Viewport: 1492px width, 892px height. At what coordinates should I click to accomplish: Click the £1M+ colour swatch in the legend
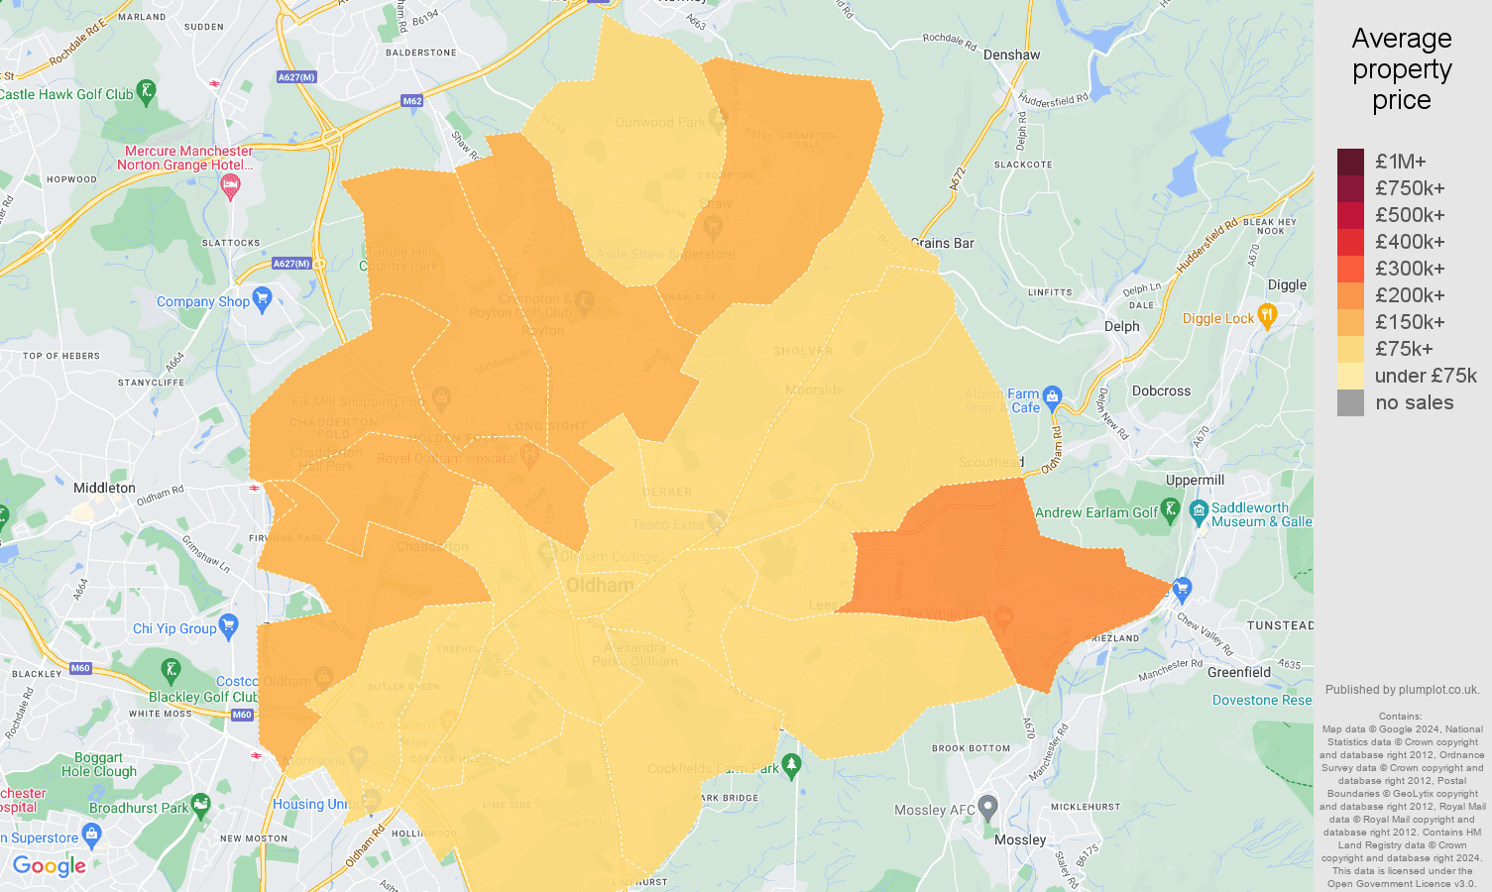pyautogui.click(x=1350, y=162)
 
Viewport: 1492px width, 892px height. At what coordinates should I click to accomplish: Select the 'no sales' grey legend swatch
pyautogui.click(x=1350, y=402)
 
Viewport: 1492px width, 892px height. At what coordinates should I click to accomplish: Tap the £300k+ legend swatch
pyautogui.click(x=1350, y=269)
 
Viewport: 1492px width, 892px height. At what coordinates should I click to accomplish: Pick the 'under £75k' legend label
pyautogui.click(x=1425, y=376)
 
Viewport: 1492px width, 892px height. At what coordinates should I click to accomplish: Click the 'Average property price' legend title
pyautogui.click(x=1401, y=69)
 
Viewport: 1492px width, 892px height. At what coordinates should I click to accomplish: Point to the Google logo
pyautogui.click(x=50, y=866)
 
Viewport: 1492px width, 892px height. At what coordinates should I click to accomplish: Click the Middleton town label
pyautogui.click(x=104, y=488)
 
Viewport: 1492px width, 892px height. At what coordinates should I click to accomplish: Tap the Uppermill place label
pyautogui.click(x=1195, y=480)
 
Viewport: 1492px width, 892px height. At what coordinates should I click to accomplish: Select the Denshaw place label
pyautogui.click(x=1011, y=55)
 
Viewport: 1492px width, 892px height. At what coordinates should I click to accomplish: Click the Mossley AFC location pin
pyautogui.click(x=987, y=806)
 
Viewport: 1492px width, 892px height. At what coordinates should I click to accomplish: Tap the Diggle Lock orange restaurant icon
pyautogui.click(x=1266, y=316)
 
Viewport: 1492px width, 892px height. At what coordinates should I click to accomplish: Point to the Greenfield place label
pyautogui.click(x=1238, y=672)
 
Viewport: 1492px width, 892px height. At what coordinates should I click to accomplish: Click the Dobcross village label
pyautogui.click(x=1161, y=390)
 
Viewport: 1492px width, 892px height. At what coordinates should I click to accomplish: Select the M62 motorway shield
pyautogui.click(x=412, y=101)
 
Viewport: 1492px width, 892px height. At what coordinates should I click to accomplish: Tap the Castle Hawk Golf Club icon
pyautogui.click(x=147, y=92)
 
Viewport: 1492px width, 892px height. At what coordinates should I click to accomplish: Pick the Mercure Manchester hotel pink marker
pyautogui.click(x=230, y=185)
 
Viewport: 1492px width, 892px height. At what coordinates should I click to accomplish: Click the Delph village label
pyautogui.click(x=1121, y=326)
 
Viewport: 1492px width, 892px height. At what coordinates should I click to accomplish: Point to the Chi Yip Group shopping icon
pyautogui.click(x=229, y=625)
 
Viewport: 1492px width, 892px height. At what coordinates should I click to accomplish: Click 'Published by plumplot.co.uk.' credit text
pyautogui.click(x=1402, y=690)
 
